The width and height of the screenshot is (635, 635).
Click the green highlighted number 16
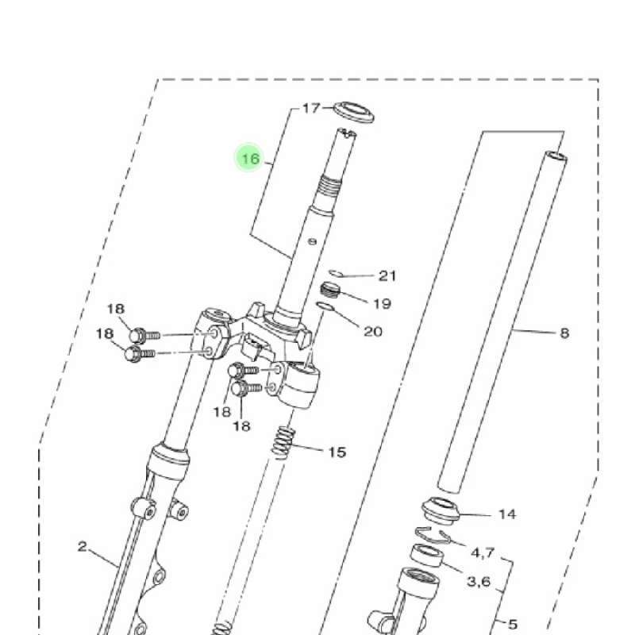point(250,158)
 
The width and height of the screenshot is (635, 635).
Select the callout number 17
point(311,108)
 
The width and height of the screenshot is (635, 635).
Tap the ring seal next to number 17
point(353,113)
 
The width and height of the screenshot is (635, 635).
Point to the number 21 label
point(387,275)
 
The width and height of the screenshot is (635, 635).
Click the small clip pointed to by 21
point(336,273)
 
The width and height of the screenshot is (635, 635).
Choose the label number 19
point(382,304)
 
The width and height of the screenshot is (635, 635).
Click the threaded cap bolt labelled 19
point(330,290)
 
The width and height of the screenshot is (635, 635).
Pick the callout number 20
point(373,332)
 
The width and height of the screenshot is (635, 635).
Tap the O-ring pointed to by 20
point(325,307)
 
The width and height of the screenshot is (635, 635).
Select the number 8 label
point(564,333)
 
